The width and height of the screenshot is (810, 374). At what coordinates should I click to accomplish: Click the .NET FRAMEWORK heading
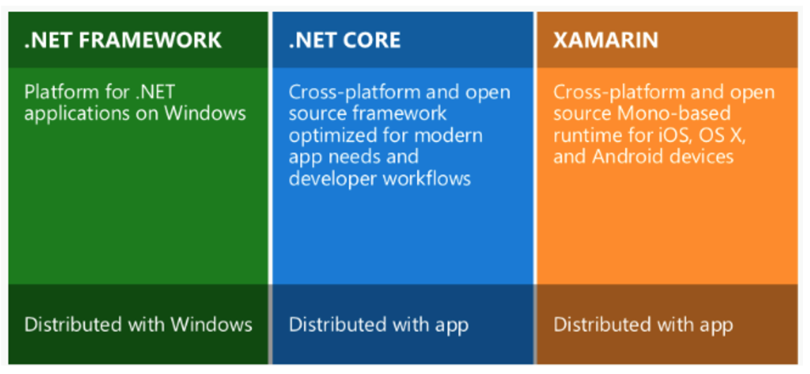pyautogui.click(x=123, y=40)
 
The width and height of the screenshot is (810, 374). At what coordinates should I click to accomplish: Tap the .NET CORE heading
pyautogui.click(x=344, y=40)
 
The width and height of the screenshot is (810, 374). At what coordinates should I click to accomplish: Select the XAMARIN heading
pyautogui.click(x=605, y=40)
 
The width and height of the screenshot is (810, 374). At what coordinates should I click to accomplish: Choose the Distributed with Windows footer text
pyautogui.click(x=138, y=325)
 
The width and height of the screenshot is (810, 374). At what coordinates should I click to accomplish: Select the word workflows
pyautogui.click(x=427, y=178)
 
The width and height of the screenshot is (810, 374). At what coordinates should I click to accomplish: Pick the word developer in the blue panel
pyautogui.click(x=332, y=178)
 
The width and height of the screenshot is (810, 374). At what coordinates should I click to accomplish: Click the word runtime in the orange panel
pyautogui.click(x=583, y=135)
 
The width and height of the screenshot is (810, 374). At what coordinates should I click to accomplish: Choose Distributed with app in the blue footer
pyautogui.click(x=379, y=325)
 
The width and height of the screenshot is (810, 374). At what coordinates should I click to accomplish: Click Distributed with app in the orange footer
pyautogui.click(x=643, y=325)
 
